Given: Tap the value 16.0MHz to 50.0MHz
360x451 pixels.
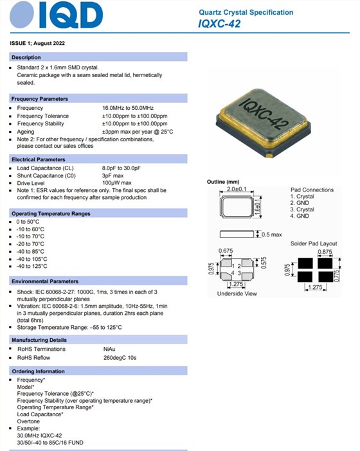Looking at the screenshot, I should (x=133, y=108).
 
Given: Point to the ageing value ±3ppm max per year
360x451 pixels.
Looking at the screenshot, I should (x=138, y=131).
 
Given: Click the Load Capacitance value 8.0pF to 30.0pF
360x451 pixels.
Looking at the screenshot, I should (x=129, y=168).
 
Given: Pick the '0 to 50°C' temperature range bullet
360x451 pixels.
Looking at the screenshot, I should (x=30, y=222).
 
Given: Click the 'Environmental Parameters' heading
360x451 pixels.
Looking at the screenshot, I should (x=45, y=281).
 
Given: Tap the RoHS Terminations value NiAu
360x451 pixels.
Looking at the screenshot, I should (x=109, y=349).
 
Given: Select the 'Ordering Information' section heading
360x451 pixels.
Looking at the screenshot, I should (x=39, y=372).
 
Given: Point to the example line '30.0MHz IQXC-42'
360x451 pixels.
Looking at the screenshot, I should (x=42, y=435).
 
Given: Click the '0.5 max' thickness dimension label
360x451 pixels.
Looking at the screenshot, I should (x=271, y=234).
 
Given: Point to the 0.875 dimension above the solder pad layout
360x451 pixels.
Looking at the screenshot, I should (x=325, y=252).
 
